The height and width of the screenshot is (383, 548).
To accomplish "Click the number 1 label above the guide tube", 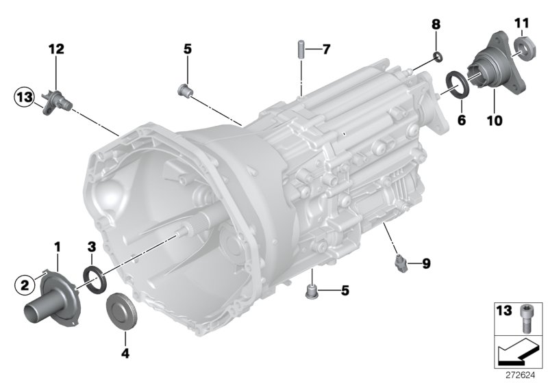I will tap(58, 245).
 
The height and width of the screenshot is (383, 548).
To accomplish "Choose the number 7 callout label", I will tap(326, 49).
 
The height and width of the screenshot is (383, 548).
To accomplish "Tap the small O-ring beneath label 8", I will tap(438, 55).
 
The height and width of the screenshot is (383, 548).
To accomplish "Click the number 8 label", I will tap(435, 25).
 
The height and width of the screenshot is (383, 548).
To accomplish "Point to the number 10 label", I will tap(494, 121).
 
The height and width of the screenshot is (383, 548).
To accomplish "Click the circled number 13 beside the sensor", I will tap(25, 98).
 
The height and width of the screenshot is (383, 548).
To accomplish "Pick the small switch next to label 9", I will tap(399, 261).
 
